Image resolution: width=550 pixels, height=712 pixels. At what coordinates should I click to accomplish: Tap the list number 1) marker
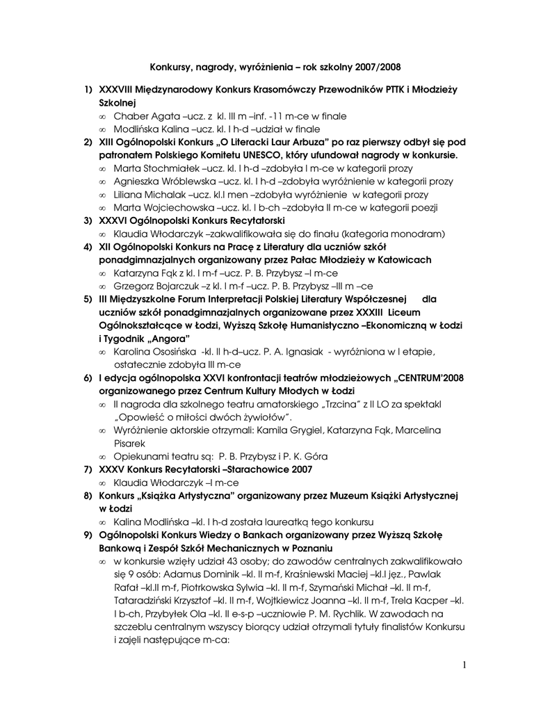click(88, 90)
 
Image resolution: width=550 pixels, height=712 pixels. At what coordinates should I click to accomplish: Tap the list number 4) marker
click(88, 247)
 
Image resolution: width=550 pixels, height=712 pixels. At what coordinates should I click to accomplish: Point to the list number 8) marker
click(88, 496)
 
